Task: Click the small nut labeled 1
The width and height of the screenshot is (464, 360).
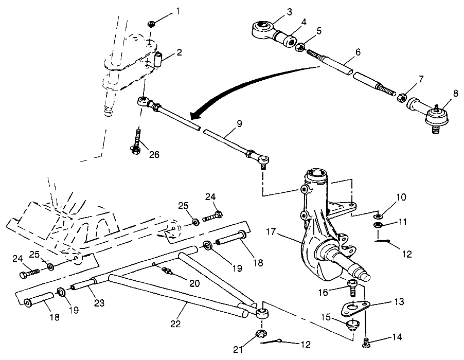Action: coord(151,23)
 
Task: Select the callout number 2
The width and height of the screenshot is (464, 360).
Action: coord(179,52)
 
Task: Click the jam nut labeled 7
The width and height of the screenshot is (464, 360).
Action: coord(403,96)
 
